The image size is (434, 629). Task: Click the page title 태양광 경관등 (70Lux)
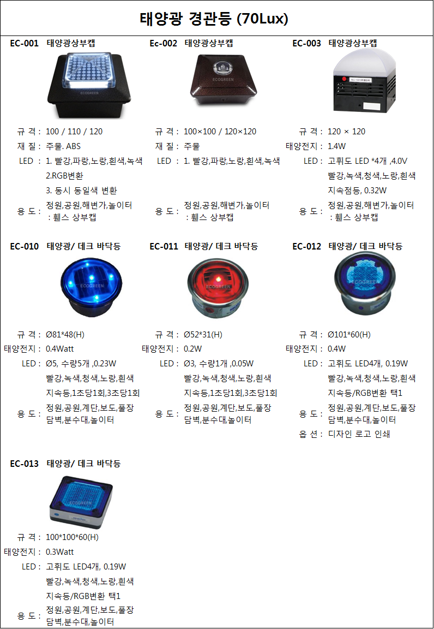pos(214,20)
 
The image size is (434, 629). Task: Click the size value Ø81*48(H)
pos(65,335)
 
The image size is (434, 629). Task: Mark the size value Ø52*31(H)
pos(203,335)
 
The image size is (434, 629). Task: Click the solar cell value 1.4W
pos(337,146)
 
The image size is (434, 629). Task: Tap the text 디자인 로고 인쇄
pos(359,434)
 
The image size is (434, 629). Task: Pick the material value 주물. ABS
pos(63,146)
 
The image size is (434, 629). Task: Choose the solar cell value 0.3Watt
pos(60,551)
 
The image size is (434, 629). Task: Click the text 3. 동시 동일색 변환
pos(81,191)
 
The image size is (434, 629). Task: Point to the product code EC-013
pos(25,464)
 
